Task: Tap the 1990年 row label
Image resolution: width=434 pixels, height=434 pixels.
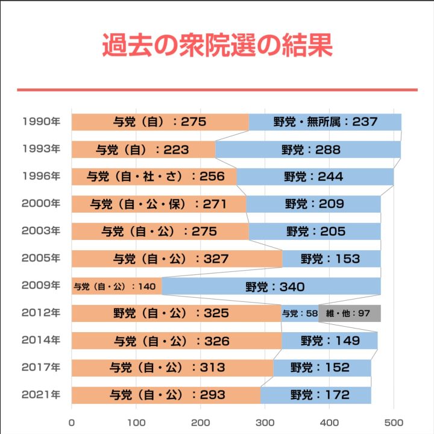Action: [x=40, y=122]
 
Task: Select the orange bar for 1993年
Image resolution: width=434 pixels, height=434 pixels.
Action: [x=143, y=149]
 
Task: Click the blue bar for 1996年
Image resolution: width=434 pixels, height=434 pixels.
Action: [x=315, y=177]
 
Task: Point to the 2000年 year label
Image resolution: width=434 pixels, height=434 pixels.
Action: [x=40, y=203]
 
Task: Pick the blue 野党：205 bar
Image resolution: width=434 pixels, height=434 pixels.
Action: [x=315, y=231]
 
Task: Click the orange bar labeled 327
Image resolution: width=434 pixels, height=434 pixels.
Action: [x=177, y=259]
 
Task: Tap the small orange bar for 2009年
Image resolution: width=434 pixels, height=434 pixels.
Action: [x=116, y=286]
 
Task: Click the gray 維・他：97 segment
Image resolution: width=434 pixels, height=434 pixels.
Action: [x=350, y=313]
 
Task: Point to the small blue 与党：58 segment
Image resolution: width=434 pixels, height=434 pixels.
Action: [x=300, y=313]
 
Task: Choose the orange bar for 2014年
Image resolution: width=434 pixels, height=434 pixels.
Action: [x=177, y=341]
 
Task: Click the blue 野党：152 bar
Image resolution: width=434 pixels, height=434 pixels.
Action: [x=321, y=368]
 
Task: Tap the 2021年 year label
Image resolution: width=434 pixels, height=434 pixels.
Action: [x=40, y=395]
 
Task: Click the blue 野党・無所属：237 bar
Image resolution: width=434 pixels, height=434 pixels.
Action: [x=325, y=122]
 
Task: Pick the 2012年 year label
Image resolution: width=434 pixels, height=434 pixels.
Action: [x=40, y=313]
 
